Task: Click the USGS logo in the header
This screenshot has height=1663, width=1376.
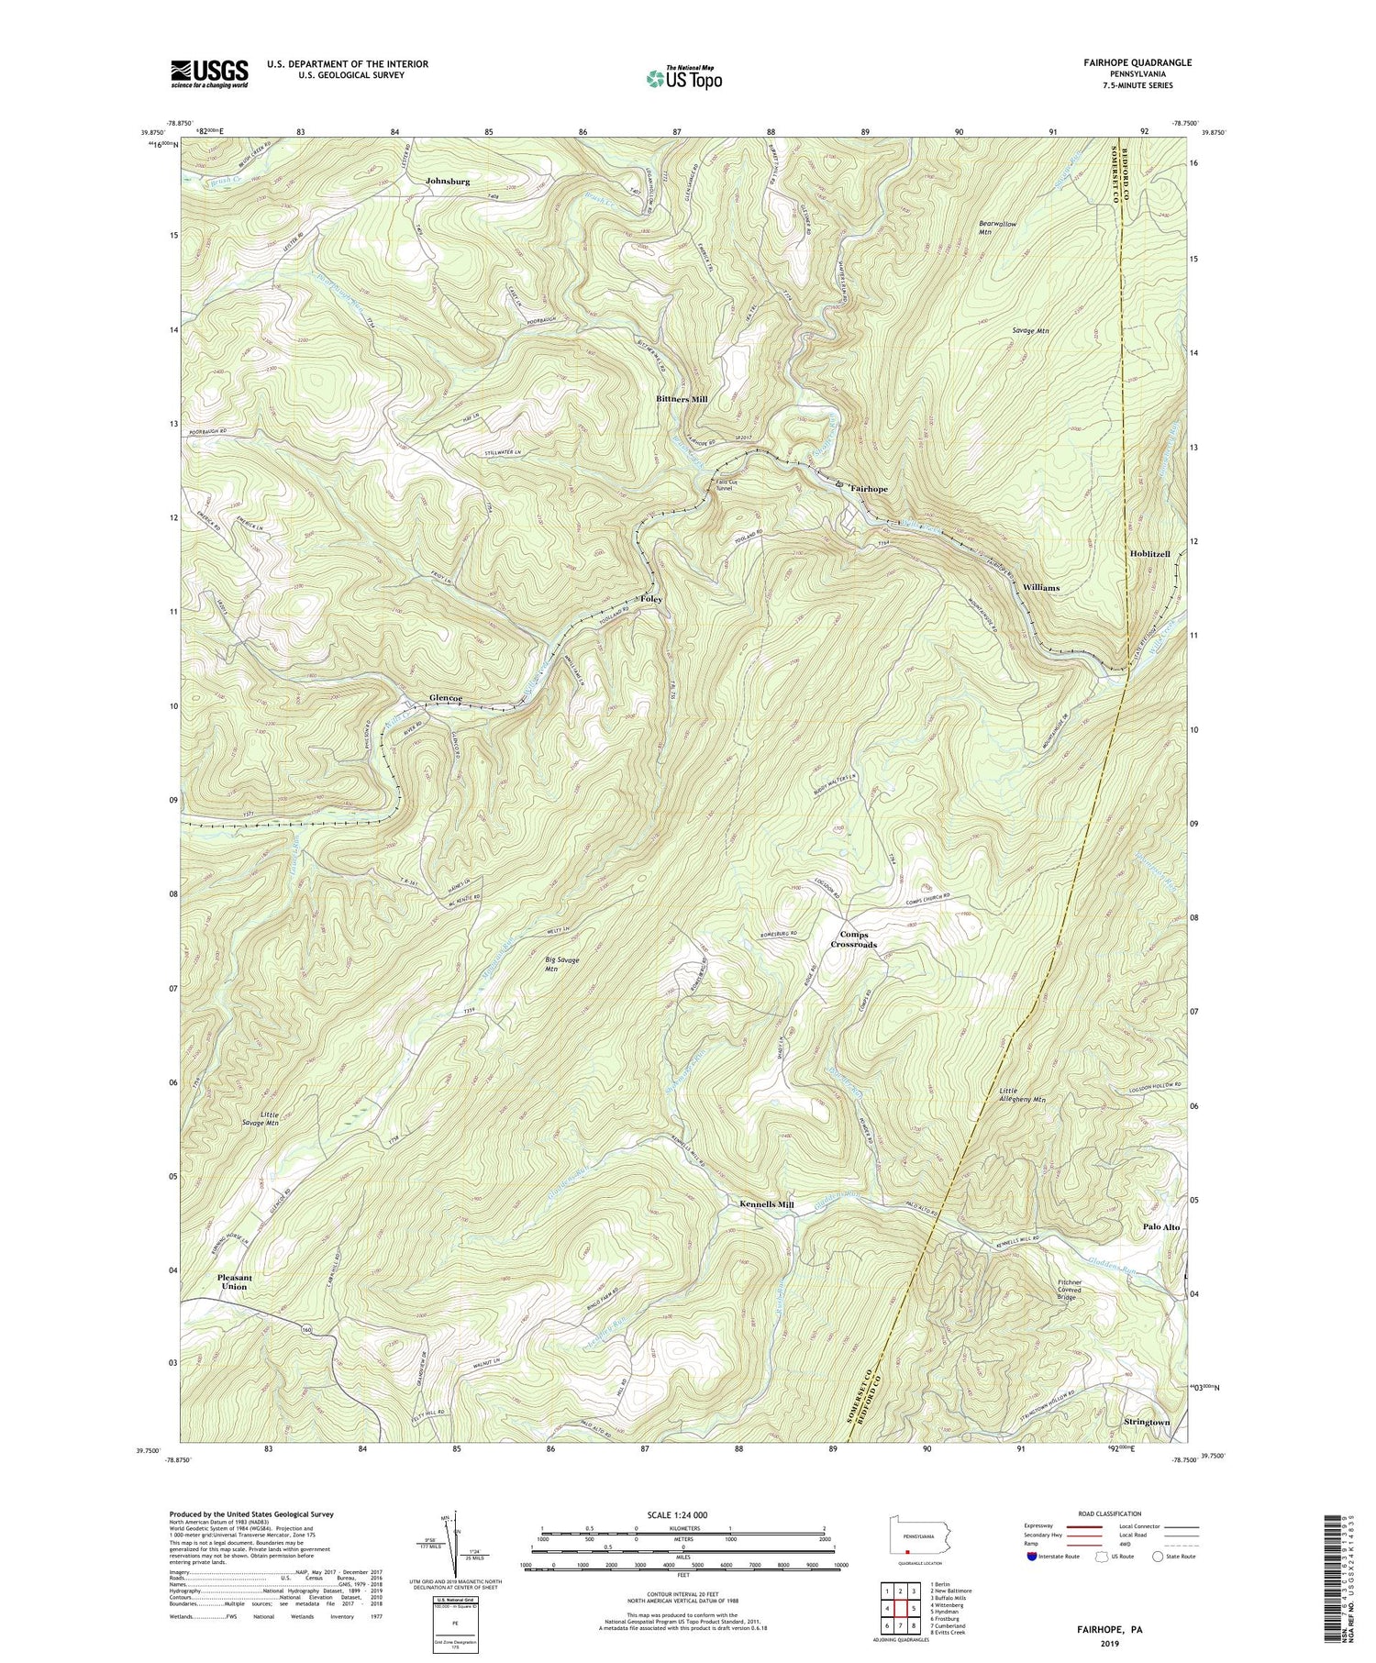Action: coord(209,72)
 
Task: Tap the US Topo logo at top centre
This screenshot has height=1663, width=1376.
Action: coord(682,79)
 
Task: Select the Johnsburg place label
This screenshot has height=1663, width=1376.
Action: coord(448,182)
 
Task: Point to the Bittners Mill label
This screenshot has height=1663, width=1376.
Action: coord(682,400)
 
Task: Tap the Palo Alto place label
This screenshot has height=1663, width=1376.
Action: coord(1160,1226)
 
